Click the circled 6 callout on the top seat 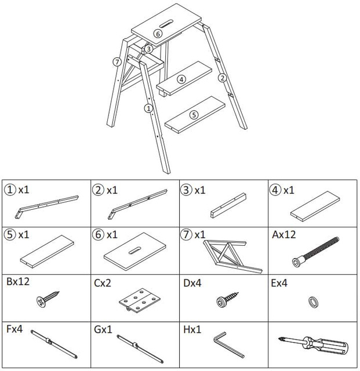[x=158, y=34]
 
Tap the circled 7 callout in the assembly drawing [x=117, y=62]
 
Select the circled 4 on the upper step [x=181, y=79]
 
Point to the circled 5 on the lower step [x=194, y=115]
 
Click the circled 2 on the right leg [x=222, y=78]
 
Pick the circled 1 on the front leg [x=148, y=108]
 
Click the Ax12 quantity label [x=284, y=235]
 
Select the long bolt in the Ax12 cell [x=316, y=252]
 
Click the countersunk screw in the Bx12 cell [x=48, y=299]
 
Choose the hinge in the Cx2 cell [x=139, y=300]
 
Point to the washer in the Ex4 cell [x=314, y=303]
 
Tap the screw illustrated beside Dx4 [x=227, y=300]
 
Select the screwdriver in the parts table [x=313, y=345]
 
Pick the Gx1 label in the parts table [x=103, y=329]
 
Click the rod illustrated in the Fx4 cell [x=54, y=344]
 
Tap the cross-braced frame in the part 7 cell [x=232, y=256]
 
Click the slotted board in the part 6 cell [x=134, y=251]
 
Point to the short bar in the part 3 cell [x=228, y=205]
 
